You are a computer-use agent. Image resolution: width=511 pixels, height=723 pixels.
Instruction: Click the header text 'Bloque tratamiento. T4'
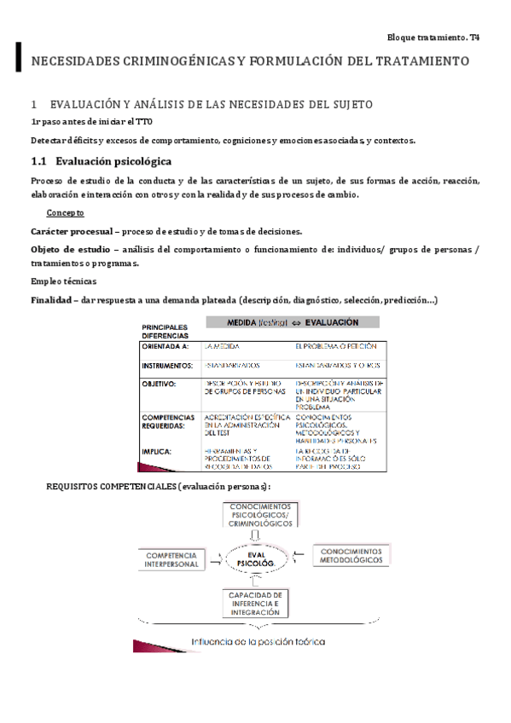433,38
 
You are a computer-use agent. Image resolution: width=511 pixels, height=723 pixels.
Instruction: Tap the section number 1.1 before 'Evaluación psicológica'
39,161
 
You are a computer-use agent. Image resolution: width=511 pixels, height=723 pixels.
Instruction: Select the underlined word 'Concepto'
66,213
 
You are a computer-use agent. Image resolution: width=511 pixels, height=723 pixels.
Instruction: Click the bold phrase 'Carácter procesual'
72,232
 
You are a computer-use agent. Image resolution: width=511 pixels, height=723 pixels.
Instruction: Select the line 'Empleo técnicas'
64,281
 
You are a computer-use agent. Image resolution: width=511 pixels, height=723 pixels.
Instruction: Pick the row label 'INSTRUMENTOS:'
170,366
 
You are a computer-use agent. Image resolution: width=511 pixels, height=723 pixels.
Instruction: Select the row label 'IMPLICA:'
158,451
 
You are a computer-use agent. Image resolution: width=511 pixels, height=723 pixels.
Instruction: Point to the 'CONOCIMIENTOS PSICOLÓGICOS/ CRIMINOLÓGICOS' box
260,515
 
